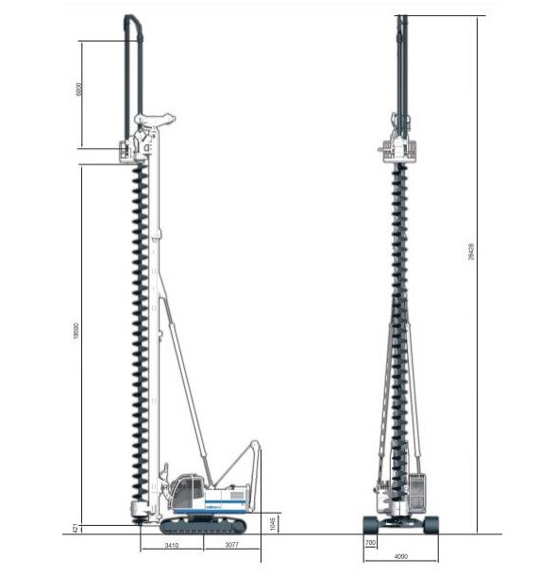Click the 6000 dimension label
tap(80, 90)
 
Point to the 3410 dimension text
tap(170, 545)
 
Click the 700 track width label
tap(370, 545)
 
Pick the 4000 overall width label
tap(401, 557)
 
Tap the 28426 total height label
tap(471, 252)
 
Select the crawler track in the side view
tap(202, 525)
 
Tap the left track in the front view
tap(370, 524)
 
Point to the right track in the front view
tap(431, 524)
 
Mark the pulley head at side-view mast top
tap(155, 120)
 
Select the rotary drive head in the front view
tap(401, 147)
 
